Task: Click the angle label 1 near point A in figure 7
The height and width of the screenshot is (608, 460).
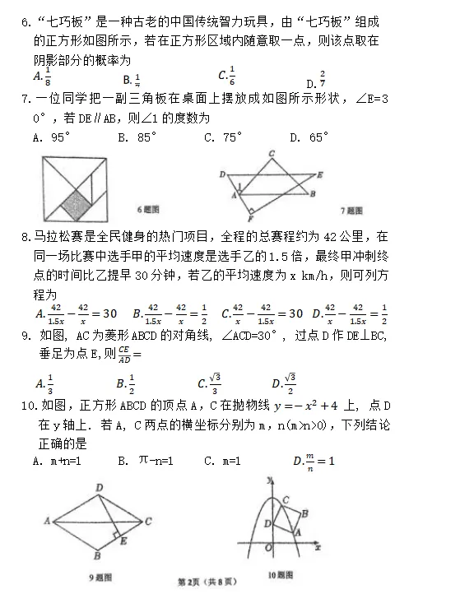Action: point(239,187)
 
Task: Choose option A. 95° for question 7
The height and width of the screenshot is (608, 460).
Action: point(52,137)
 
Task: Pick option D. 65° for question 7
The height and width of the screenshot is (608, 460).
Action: point(309,137)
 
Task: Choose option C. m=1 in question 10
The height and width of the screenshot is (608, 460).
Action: point(222,461)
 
